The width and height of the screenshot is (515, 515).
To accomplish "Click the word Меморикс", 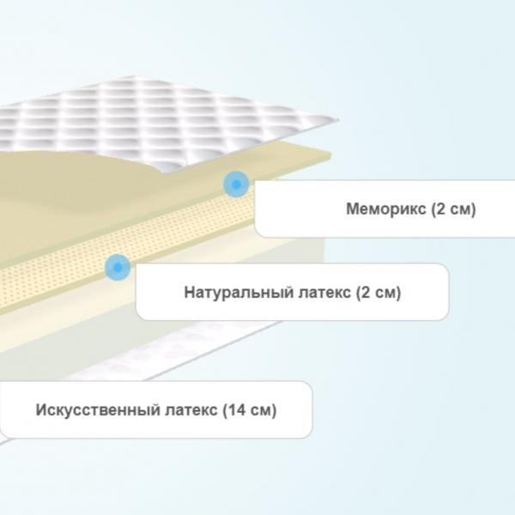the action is click(x=386, y=209).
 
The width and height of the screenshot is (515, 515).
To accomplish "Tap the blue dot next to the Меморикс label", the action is click(x=236, y=185).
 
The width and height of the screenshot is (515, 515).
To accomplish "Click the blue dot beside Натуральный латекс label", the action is click(x=118, y=267).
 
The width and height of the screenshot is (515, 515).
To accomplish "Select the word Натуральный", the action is click(x=239, y=293).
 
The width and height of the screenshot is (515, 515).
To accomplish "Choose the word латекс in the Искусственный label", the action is click(x=191, y=410).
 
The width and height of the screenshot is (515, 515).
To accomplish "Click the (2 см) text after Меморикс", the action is click(x=453, y=209).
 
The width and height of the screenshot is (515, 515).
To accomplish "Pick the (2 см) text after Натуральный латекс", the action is click(x=379, y=293).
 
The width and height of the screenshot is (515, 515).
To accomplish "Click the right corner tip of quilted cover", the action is click(x=337, y=120).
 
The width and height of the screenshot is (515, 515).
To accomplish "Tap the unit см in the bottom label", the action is click(x=262, y=410).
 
